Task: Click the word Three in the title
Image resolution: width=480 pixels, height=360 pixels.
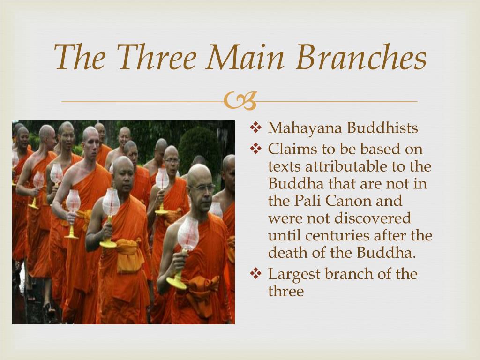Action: click(x=157, y=57)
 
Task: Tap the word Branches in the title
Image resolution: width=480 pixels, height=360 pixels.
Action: click(x=361, y=57)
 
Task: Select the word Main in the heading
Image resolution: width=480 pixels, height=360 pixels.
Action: click(x=245, y=57)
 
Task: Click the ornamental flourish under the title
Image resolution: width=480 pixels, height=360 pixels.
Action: click(x=240, y=101)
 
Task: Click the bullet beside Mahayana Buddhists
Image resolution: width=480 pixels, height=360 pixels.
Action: click(x=255, y=127)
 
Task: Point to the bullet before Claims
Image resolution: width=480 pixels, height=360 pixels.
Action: click(x=255, y=149)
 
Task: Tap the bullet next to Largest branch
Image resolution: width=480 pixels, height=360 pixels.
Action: click(x=255, y=273)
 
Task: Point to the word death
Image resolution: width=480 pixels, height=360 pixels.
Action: click(x=287, y=253)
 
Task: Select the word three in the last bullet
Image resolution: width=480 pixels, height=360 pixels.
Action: click(x=286, y=291)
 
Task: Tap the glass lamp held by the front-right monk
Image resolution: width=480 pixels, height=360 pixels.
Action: click(x=188, y=234)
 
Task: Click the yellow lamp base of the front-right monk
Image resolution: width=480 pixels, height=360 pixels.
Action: click(x=177, y=282)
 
